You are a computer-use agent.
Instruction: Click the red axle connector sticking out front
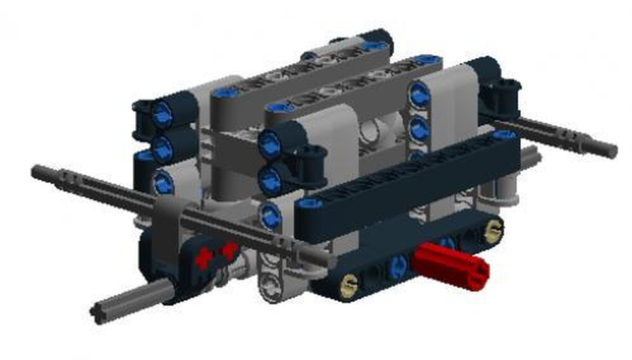tap(452, 265)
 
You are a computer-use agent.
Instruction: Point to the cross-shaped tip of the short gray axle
tap(99, 313)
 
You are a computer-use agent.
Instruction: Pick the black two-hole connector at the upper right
tap(504, 94)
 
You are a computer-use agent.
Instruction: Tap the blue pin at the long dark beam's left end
tap(310, 204)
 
